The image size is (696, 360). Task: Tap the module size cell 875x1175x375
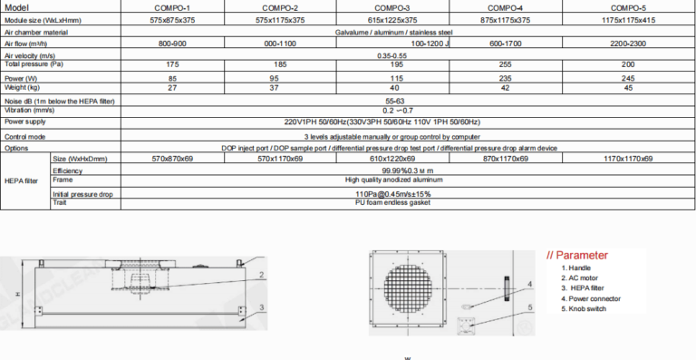pyautogui.click(x=509, y=18)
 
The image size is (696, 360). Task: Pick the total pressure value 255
pyautogui.click(x=509, y=65)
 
